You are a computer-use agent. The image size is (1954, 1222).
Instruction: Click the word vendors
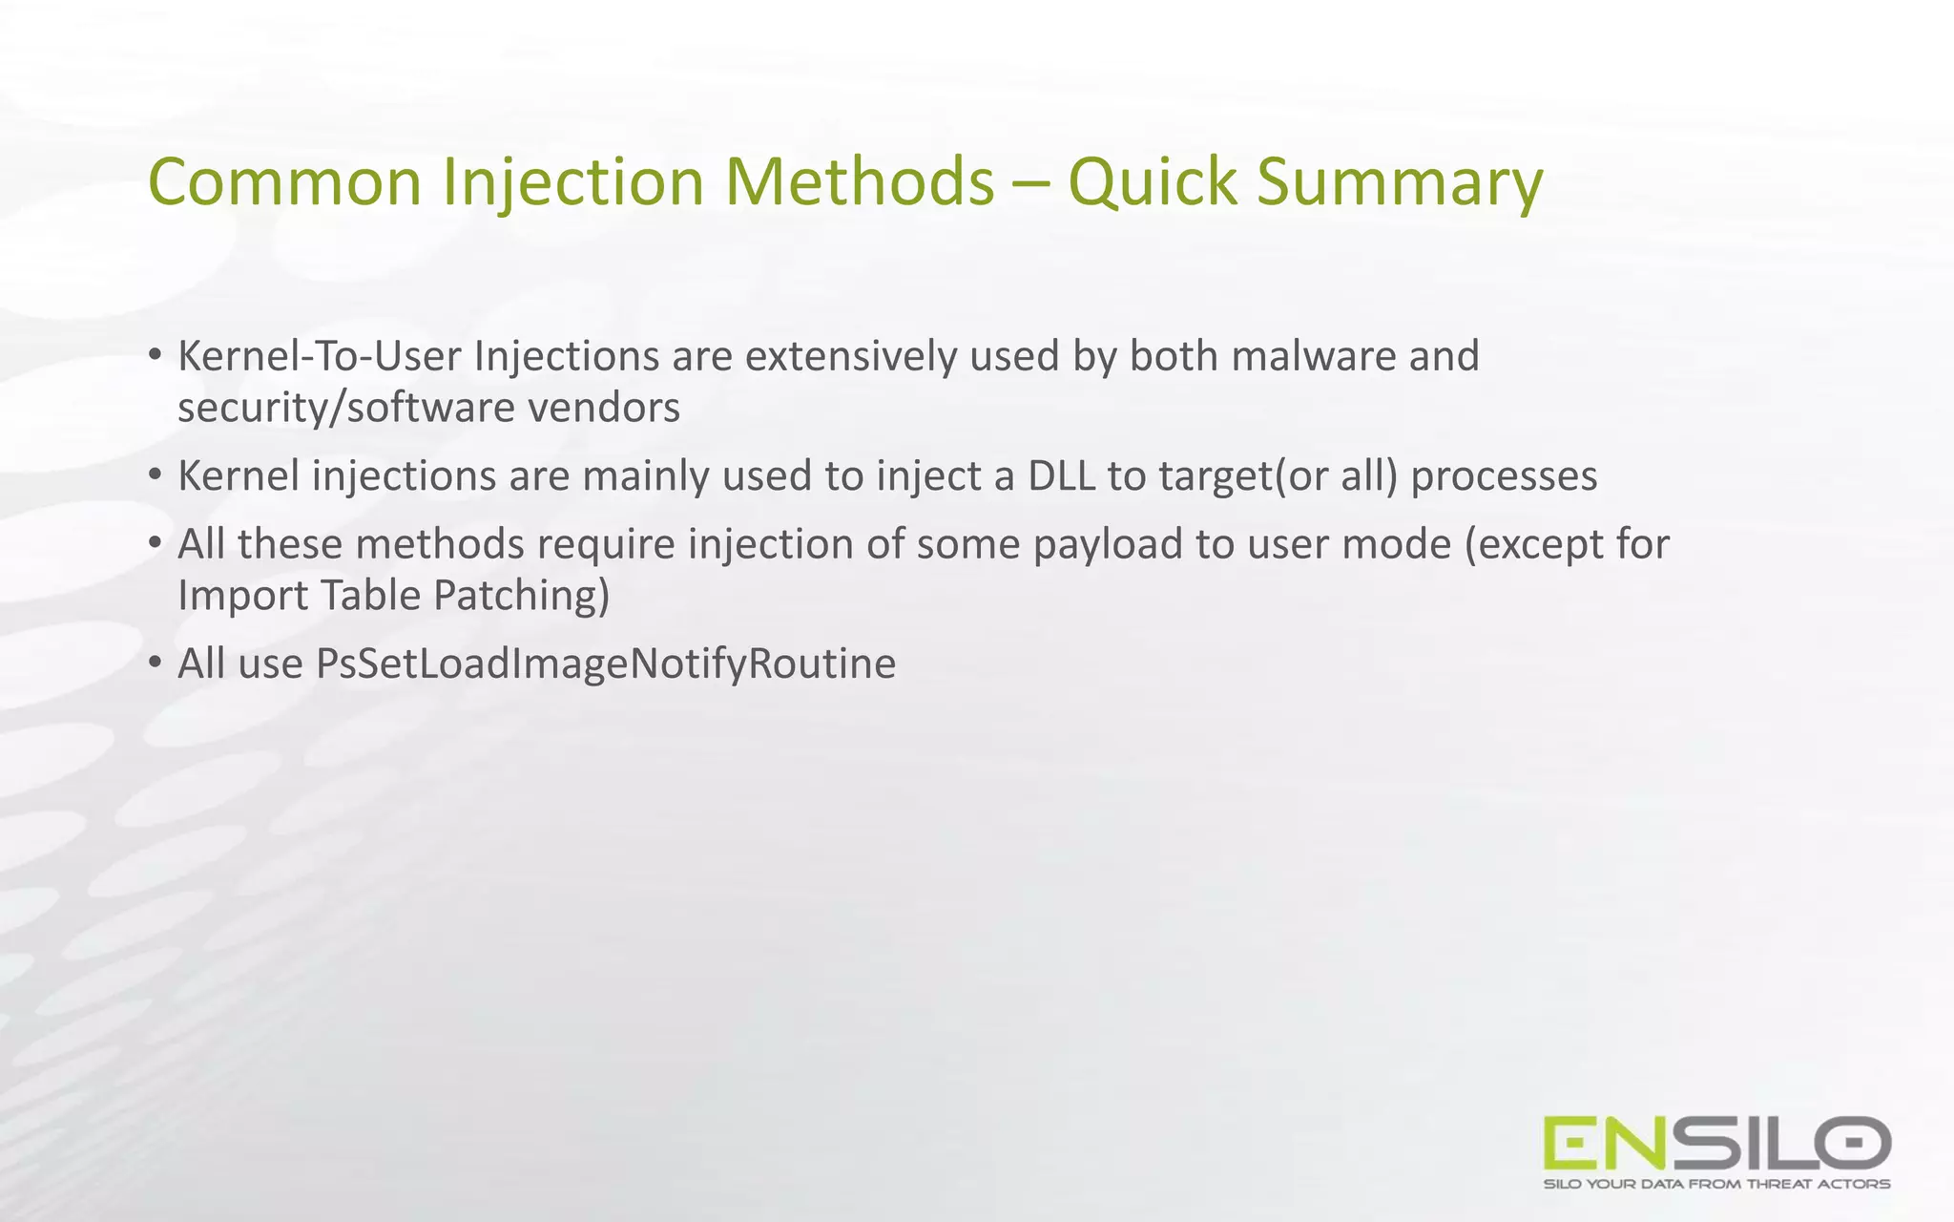[604, 408]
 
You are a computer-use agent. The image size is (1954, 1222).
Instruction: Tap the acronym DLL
[1061, 475]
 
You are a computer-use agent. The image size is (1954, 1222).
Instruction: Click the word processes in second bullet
[1504, 475]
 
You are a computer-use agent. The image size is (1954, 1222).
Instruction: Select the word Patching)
[521, 595]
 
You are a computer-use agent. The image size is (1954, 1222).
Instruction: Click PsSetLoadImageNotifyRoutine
[606, 664]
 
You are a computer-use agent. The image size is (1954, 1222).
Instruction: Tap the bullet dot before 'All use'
[155, 662]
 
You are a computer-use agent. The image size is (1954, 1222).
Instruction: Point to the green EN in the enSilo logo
[1606, 1143]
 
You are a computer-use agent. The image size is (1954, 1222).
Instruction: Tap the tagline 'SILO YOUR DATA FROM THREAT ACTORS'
[1716, 1184]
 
